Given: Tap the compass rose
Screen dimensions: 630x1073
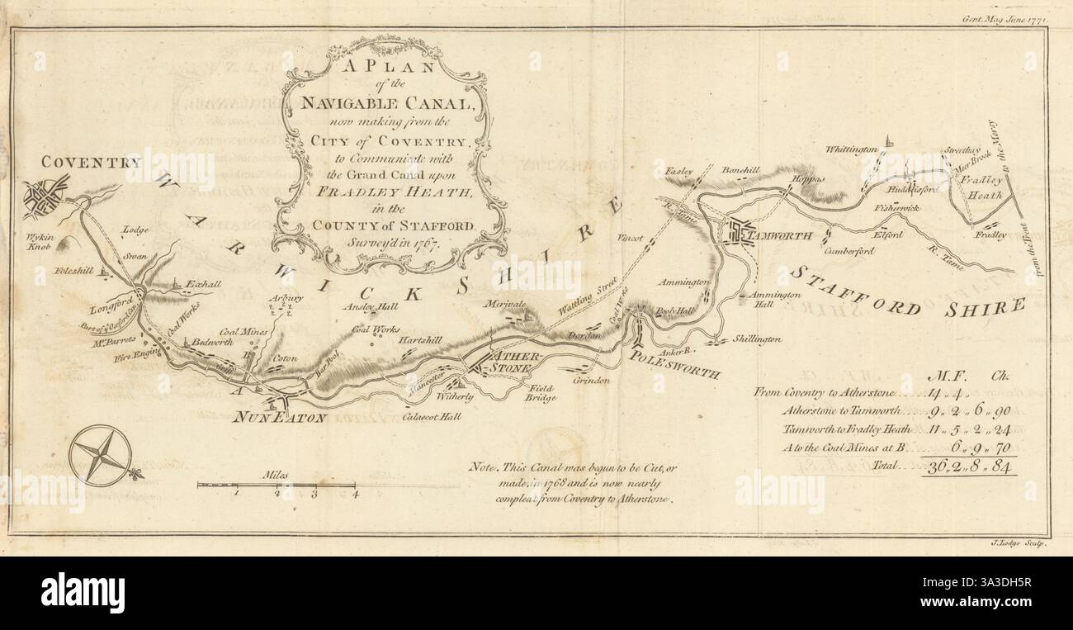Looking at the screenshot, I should (101, 454).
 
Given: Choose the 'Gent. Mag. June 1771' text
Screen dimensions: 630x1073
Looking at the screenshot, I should (1005, 17).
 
